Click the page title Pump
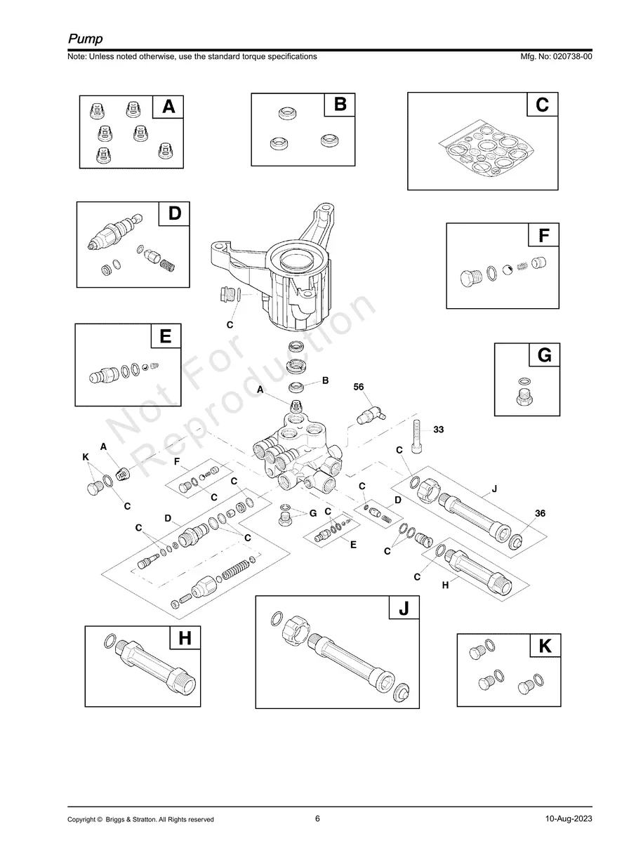point(85,38)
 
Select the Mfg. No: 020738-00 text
point(554,57)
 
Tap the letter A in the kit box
point(168,107)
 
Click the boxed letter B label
point(340,105)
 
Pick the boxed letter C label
point(542,105)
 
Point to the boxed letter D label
point(174,213)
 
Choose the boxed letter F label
point(543,236)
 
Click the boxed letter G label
point(544,356)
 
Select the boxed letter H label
point(185,638)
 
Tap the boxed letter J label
point(404,609)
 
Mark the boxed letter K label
point(545,647)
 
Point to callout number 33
point(438,430)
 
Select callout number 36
point(539,513)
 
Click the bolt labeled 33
point(418,438)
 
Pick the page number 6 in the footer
point(317,819)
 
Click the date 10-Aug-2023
point(568,819)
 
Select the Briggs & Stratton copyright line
point(140,819)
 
